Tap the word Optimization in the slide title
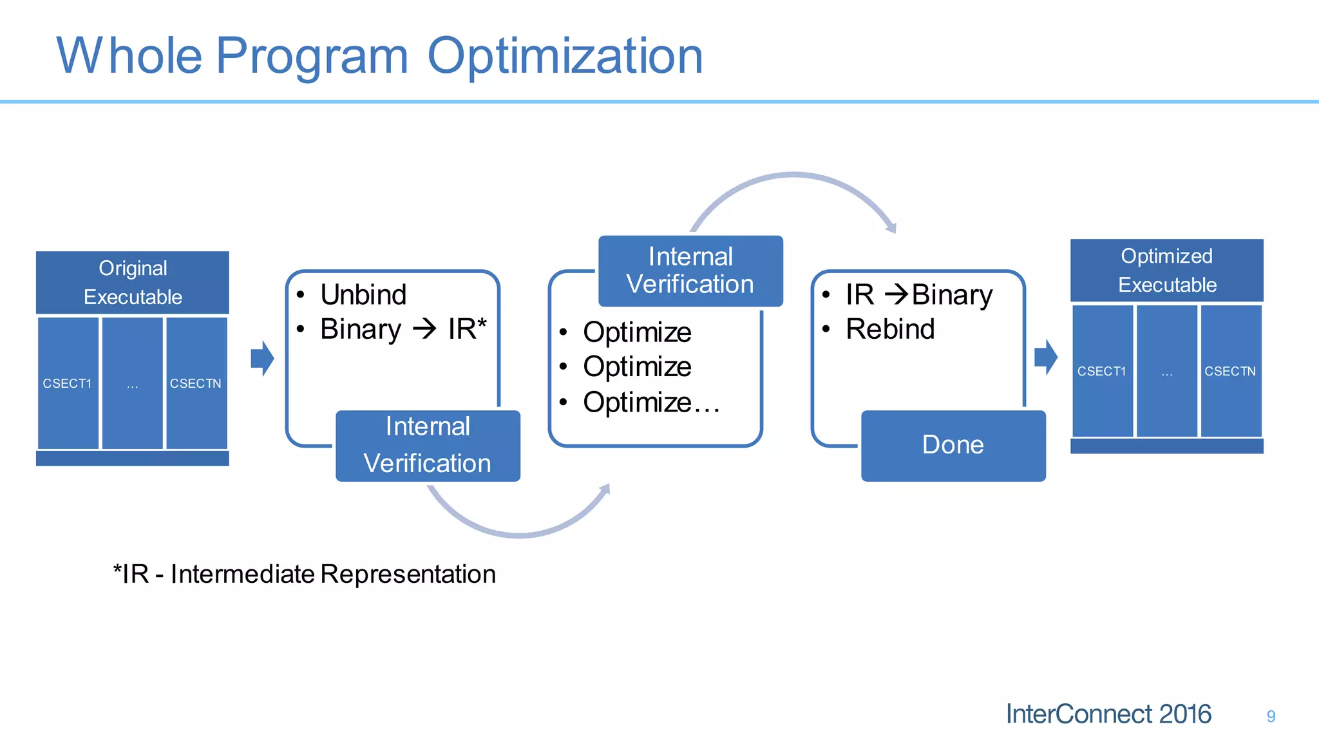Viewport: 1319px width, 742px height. [565, 56]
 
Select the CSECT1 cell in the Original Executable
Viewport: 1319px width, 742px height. [68, 383]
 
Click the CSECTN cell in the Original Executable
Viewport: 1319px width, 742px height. [196, 383]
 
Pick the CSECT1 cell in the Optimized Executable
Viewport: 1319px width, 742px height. [1102, 372]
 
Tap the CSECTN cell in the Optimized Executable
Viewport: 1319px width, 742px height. [1230, 372]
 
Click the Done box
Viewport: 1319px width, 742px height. [953, 445]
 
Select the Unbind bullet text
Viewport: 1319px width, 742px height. [363, 295]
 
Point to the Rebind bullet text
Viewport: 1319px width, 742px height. [890, 329]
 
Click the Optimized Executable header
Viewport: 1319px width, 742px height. [1166, 271]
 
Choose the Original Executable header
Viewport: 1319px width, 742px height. [133, 283]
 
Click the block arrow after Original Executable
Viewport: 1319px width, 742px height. [262, 358]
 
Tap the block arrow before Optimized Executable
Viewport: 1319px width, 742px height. [1045, 357]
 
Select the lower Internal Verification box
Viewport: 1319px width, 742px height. [428, 445]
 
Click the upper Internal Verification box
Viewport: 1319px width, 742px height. [690, 271]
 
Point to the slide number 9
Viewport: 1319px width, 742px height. [1271, 716]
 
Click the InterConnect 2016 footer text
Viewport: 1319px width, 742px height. [1108, 714]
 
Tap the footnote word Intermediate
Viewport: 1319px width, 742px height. [242, 574]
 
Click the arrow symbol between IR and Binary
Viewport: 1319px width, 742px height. [896, 295]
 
